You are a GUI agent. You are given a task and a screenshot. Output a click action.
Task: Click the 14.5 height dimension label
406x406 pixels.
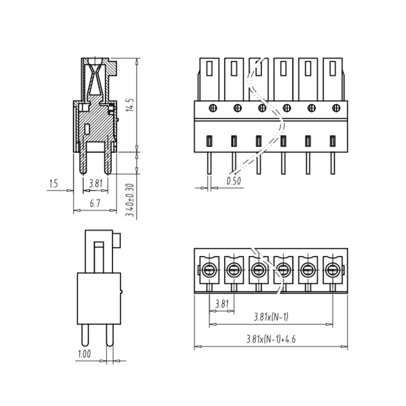click(130, 105)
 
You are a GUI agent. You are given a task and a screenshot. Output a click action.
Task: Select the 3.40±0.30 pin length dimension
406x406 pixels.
click(130, 200)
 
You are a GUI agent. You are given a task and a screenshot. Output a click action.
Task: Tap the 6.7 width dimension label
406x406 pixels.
click(95, 204)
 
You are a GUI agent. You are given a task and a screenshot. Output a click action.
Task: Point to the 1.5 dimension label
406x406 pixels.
click(53, 184)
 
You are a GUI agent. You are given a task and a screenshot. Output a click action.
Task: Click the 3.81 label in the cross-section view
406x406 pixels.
click(96, 183)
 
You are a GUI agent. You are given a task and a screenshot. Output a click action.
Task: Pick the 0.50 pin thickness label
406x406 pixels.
click(233, 181)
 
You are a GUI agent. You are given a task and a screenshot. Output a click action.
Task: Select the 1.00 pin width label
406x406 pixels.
click(84, 354)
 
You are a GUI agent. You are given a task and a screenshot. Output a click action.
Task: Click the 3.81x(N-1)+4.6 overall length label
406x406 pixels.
click(271, 339)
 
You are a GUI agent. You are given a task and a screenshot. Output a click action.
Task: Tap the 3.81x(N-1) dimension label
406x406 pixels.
click(271, 317)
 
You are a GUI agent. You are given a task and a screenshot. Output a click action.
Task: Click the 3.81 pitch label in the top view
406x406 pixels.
click(222, 303)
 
